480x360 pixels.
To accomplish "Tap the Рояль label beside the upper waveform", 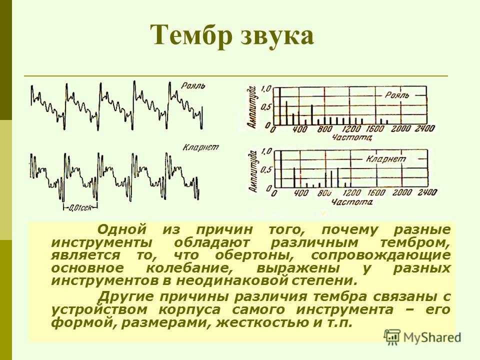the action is coord(193,85).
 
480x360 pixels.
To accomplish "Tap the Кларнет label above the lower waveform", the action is coord(201,147).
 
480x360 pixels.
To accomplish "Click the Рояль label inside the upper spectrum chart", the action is coord(397,95).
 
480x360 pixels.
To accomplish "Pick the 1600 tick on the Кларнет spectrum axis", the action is coord(376,192).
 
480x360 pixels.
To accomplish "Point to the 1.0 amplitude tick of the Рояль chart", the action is coord(266,89).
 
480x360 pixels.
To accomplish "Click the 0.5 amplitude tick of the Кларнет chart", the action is coord(266,169).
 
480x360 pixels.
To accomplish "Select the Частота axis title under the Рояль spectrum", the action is coord(352,137).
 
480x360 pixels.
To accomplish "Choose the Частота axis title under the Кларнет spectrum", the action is coord(352,201).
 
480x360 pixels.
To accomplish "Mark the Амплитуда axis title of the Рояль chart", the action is coord(252,107).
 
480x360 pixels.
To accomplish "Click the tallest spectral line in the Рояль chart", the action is coord(280,106).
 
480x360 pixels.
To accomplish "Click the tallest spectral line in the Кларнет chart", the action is coord(281,169).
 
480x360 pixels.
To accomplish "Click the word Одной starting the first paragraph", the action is coord(122,229).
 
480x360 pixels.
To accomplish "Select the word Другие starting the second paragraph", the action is coord(126,297).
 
